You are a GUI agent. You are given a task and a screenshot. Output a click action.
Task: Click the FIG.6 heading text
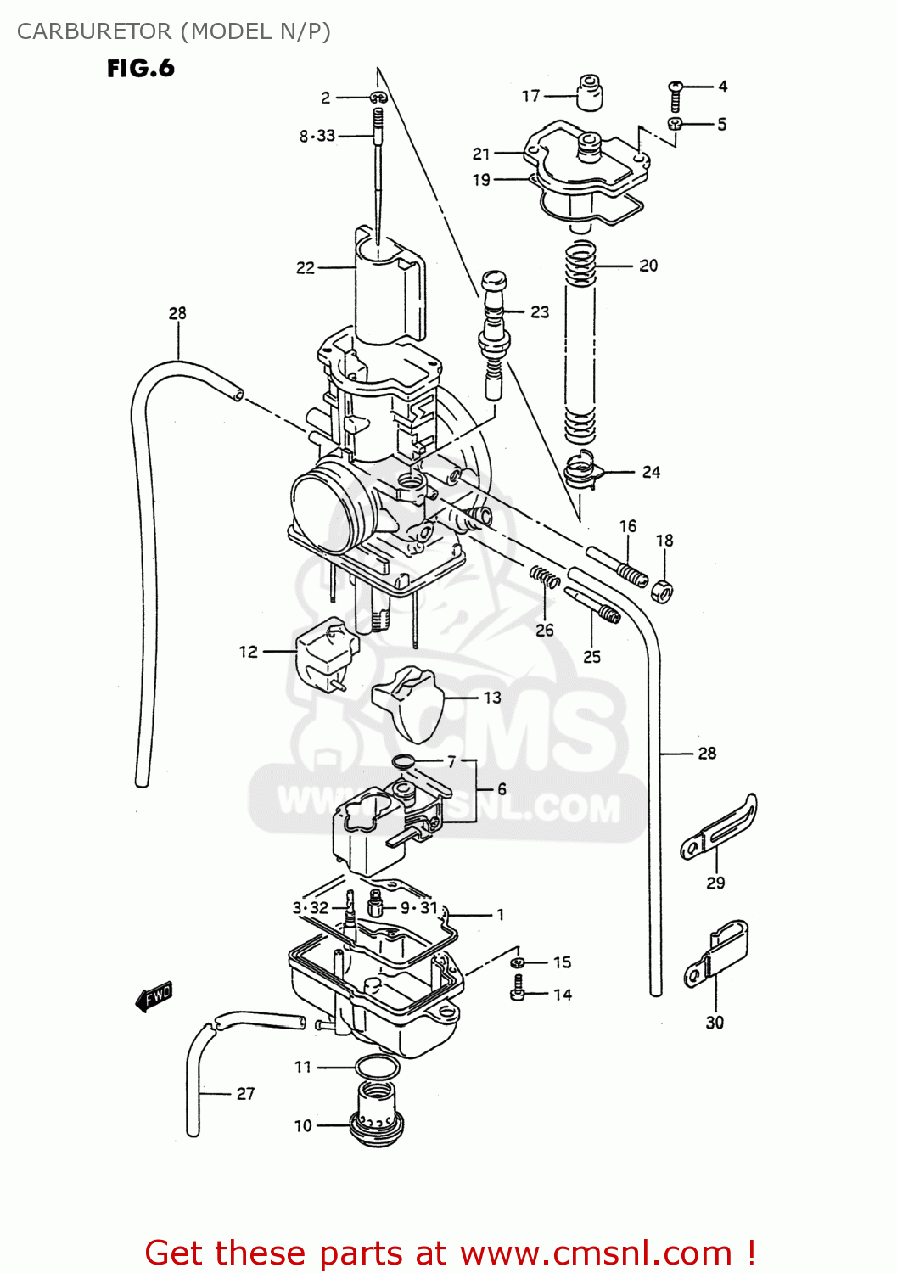tap(140, 68)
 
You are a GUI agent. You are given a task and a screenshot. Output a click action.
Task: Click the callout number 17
tap(530, 96)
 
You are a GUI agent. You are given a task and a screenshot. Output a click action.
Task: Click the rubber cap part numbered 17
tap(591, 92)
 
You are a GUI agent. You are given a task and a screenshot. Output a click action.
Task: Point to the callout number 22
tap(306, 268)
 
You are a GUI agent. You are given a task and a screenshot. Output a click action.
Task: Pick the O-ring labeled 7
tap(404, 760)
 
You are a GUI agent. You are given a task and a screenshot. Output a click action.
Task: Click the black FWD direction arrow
tap(154, 996)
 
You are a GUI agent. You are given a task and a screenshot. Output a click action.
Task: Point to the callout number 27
tap(245, 1094)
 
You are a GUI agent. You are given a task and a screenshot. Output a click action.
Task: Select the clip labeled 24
tap(584, 469)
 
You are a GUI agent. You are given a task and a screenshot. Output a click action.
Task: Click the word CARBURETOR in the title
tap(94, 31)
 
